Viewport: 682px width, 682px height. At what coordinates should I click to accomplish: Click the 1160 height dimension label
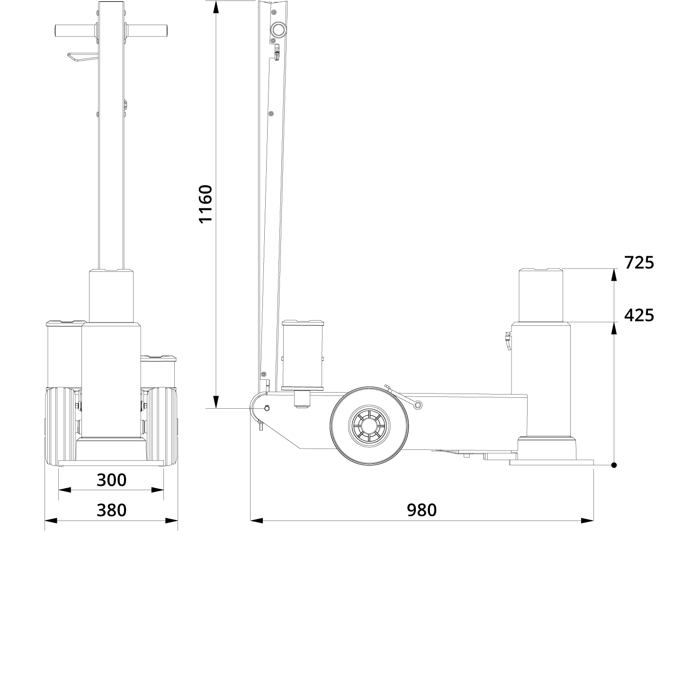coord(206,204)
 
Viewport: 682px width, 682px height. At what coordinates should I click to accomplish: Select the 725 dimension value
coord(639,262)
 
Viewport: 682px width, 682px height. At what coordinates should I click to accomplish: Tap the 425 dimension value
coord(639,315)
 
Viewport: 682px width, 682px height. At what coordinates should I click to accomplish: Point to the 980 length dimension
coord(422,510)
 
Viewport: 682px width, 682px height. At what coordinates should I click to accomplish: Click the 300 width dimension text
coord(112,480)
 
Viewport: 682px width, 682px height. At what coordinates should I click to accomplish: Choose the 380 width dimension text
coord(112,510)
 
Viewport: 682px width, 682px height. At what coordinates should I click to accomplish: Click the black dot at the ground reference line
coord(614,465)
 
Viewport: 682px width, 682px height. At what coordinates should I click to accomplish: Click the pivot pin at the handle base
coord(267,408)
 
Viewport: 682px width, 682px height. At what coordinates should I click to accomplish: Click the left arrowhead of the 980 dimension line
coord(256,520)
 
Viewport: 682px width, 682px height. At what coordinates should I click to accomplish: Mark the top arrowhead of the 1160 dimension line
coord(216,7)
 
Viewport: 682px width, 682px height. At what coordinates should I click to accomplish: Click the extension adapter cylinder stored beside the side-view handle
coord(303,355)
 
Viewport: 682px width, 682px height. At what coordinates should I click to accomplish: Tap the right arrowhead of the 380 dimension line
coord(171,520)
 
